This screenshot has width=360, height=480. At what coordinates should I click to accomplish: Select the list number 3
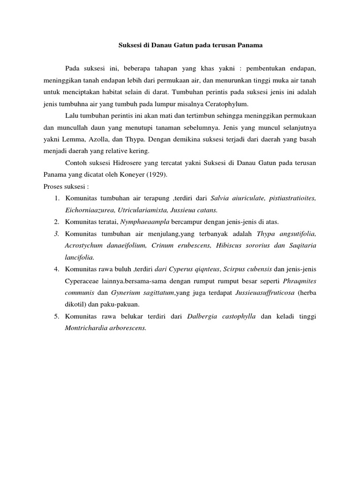pyautogui.click(x=56, y=233)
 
